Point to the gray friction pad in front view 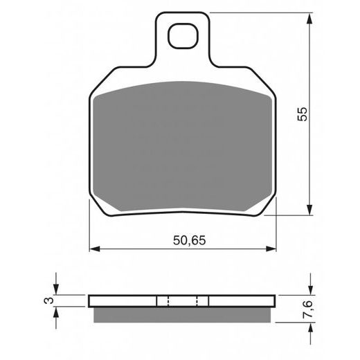click(x=183, y=145)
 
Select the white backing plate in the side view click(x=125, y=301)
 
